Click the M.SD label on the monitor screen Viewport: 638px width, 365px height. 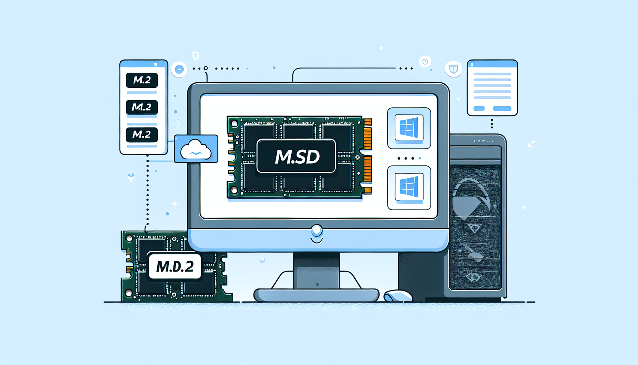tap(296, 156)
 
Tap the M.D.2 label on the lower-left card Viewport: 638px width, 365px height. tap(174, 266)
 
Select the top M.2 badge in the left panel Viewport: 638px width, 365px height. tap(142, 80)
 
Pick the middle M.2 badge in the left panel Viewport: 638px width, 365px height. tap(142, 107)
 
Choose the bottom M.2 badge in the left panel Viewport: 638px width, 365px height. tap(142, 134)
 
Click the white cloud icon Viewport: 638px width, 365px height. tap(195, 150)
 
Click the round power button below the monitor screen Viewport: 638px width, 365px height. tap(317, 231)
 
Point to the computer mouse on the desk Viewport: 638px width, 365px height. tap(398, 296)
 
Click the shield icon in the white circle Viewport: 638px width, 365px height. tap(454, 69)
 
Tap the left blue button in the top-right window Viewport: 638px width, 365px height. tap(479, 108)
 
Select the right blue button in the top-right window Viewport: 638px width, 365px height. tap(502, 108)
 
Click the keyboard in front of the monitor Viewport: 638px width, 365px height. tap(317, 295)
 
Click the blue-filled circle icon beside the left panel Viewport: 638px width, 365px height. tap(179, 69)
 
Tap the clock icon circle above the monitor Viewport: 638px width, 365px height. tap(425, 62)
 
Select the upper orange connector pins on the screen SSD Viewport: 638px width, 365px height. tap(368, 134)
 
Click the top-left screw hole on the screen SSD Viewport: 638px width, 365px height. tap(234, 124)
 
